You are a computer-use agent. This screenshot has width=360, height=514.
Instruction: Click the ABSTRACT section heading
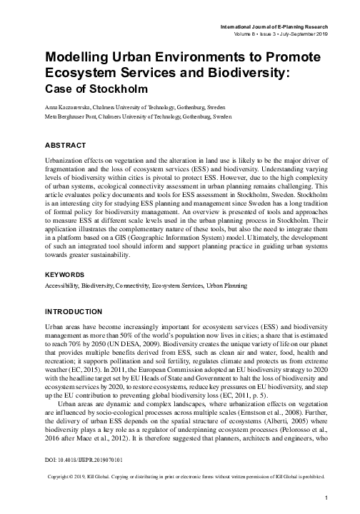65,145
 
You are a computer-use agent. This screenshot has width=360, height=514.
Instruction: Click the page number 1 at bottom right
325,497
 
